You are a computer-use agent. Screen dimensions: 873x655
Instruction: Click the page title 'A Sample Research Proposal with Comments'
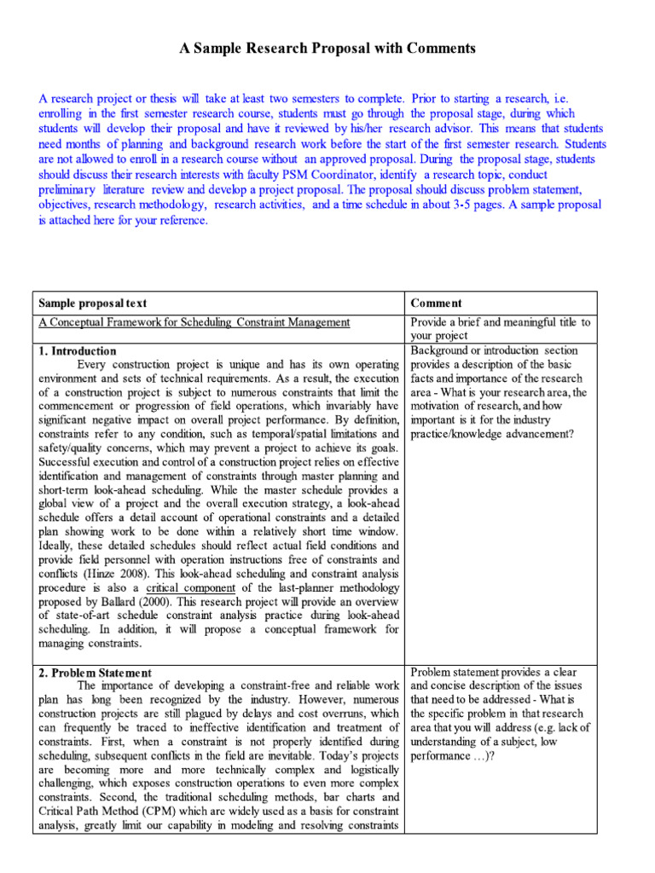pyautogui.click(x=327, y=49)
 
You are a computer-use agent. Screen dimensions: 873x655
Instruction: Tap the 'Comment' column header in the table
pyautogui.click(x=436, y=303)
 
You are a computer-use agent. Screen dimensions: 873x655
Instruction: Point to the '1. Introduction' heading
pyautogui.click(x=77, y=350)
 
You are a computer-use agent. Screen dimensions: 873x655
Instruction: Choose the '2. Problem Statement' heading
pyautogui.click(x=94, y=673)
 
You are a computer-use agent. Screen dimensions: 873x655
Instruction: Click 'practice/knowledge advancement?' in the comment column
pyautogui.click(x=492, y=434)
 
